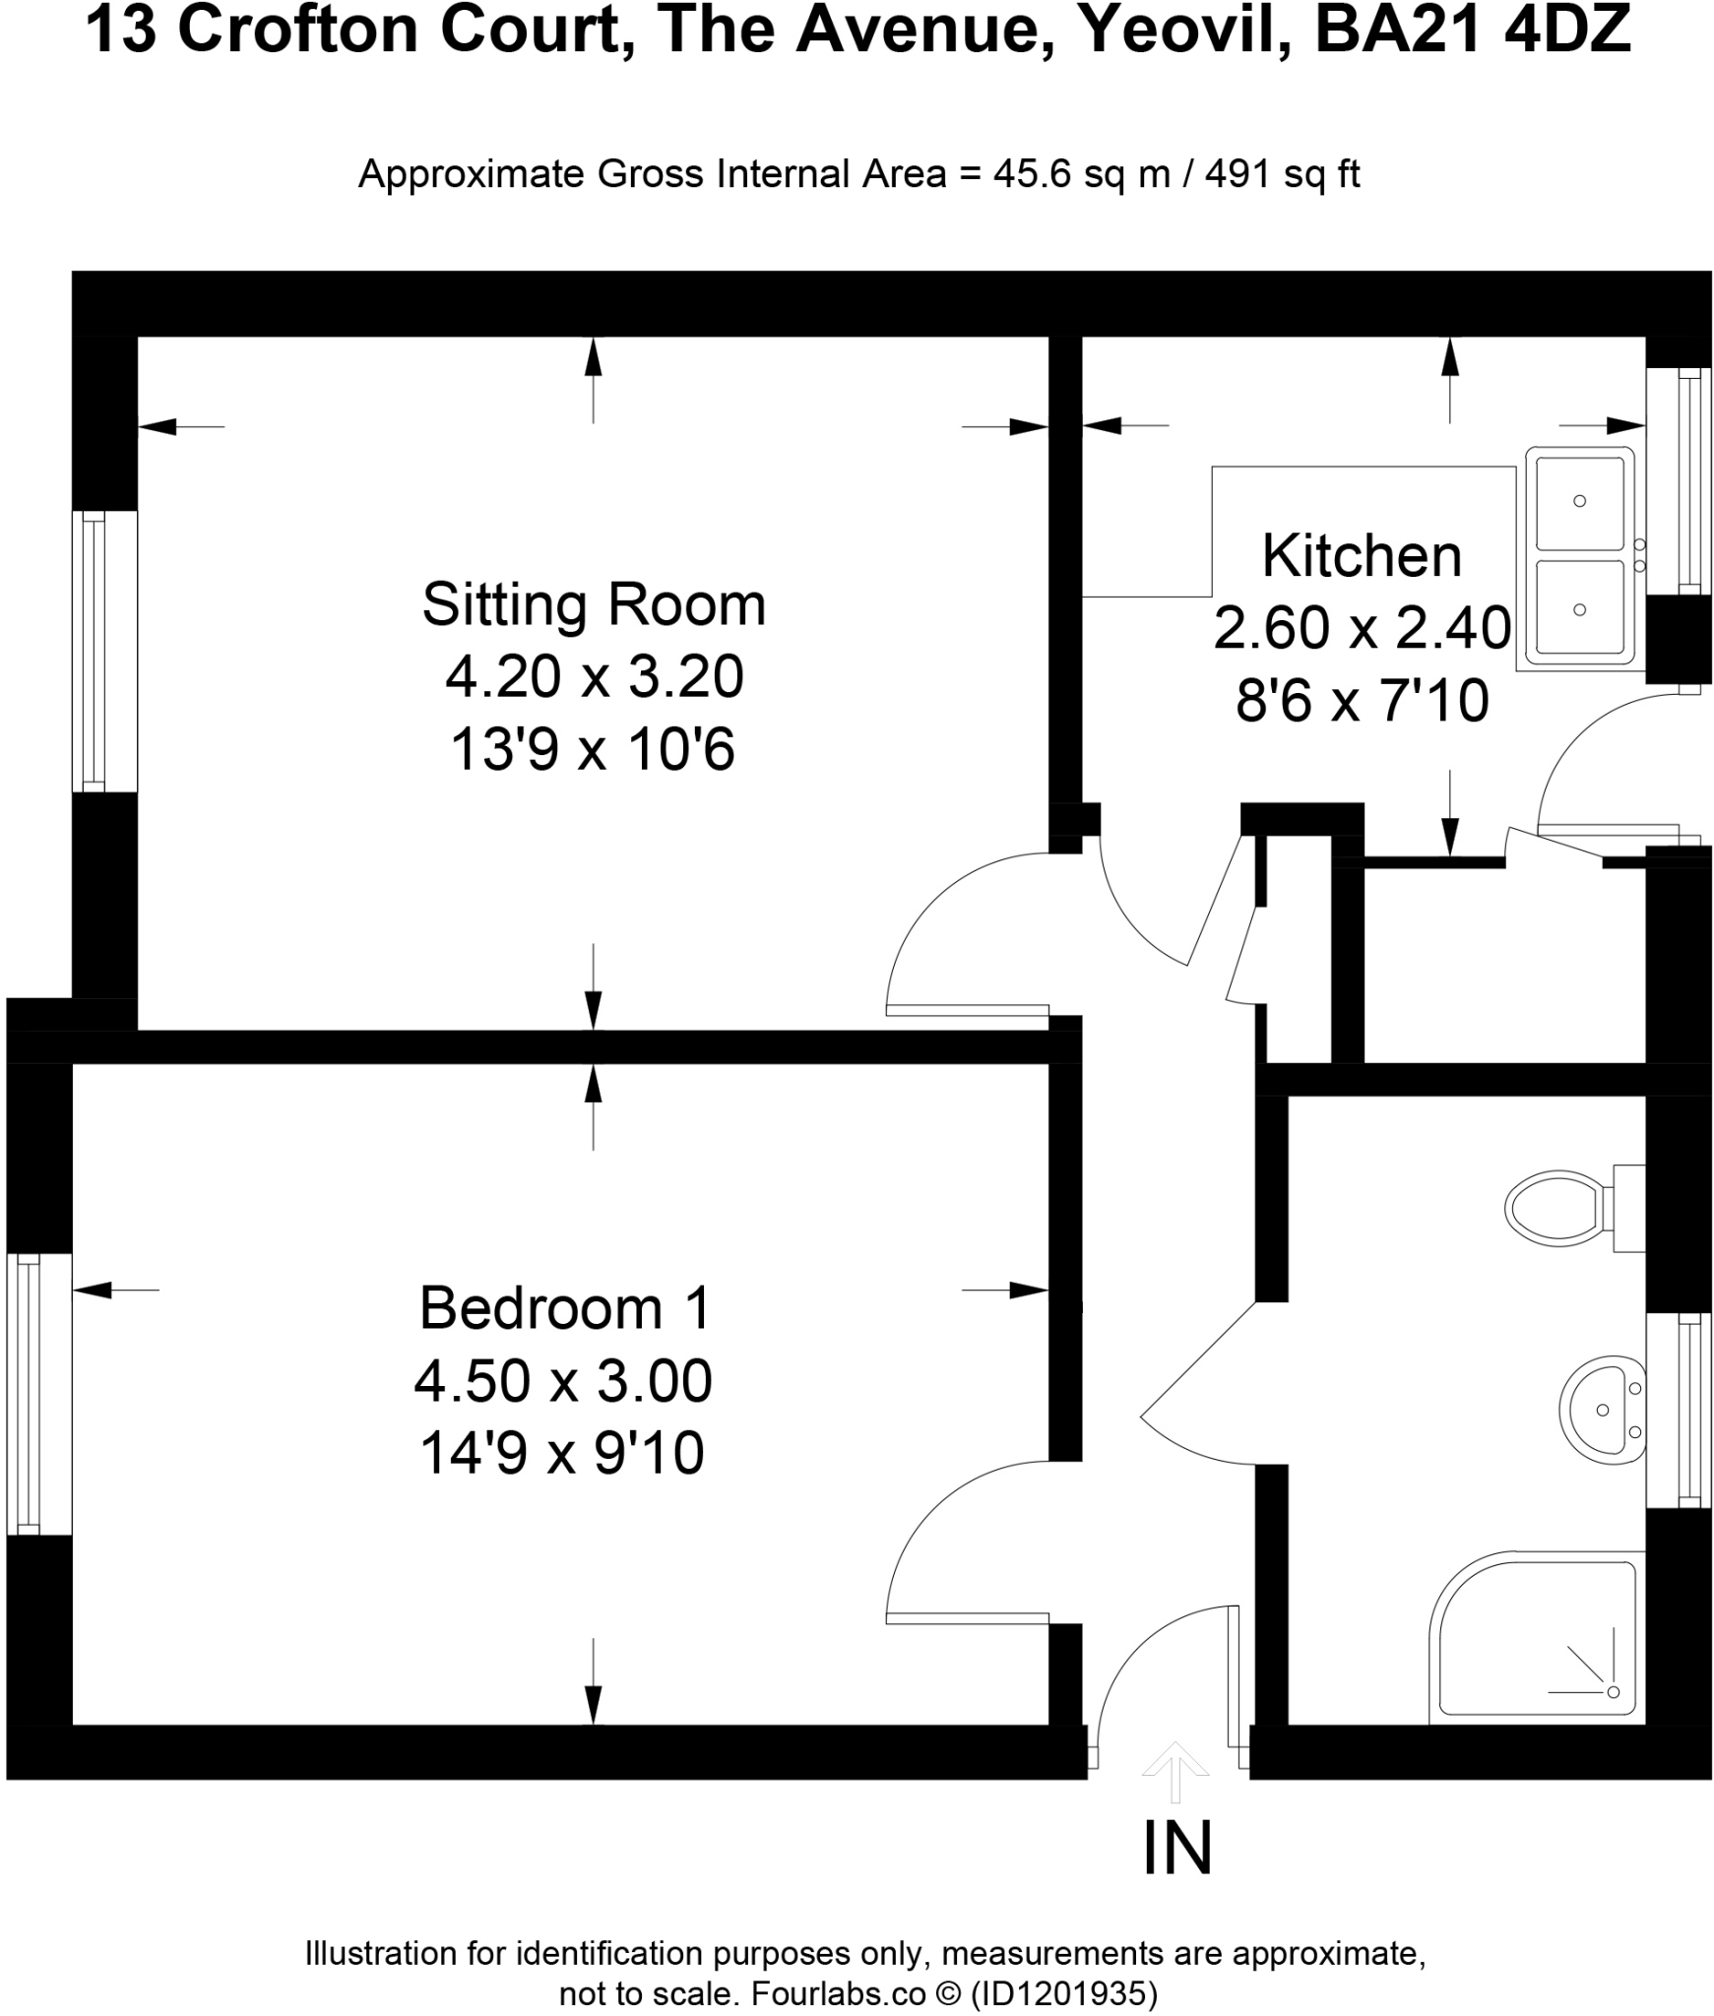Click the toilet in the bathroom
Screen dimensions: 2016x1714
click(1565, 1208)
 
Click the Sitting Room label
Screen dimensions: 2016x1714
click(594, 604)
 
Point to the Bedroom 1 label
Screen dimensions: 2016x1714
click(564, 1308)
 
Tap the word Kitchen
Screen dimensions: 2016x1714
click(1362, 556)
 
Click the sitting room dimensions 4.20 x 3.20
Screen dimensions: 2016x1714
click(594, 677)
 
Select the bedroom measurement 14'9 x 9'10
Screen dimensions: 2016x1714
click(562, 1453)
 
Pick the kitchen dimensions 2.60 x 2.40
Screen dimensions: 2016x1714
click(1362, 628)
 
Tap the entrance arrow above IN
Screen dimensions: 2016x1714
click(1174, 1768)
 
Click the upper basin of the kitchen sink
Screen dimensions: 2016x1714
click(1578, 502)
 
